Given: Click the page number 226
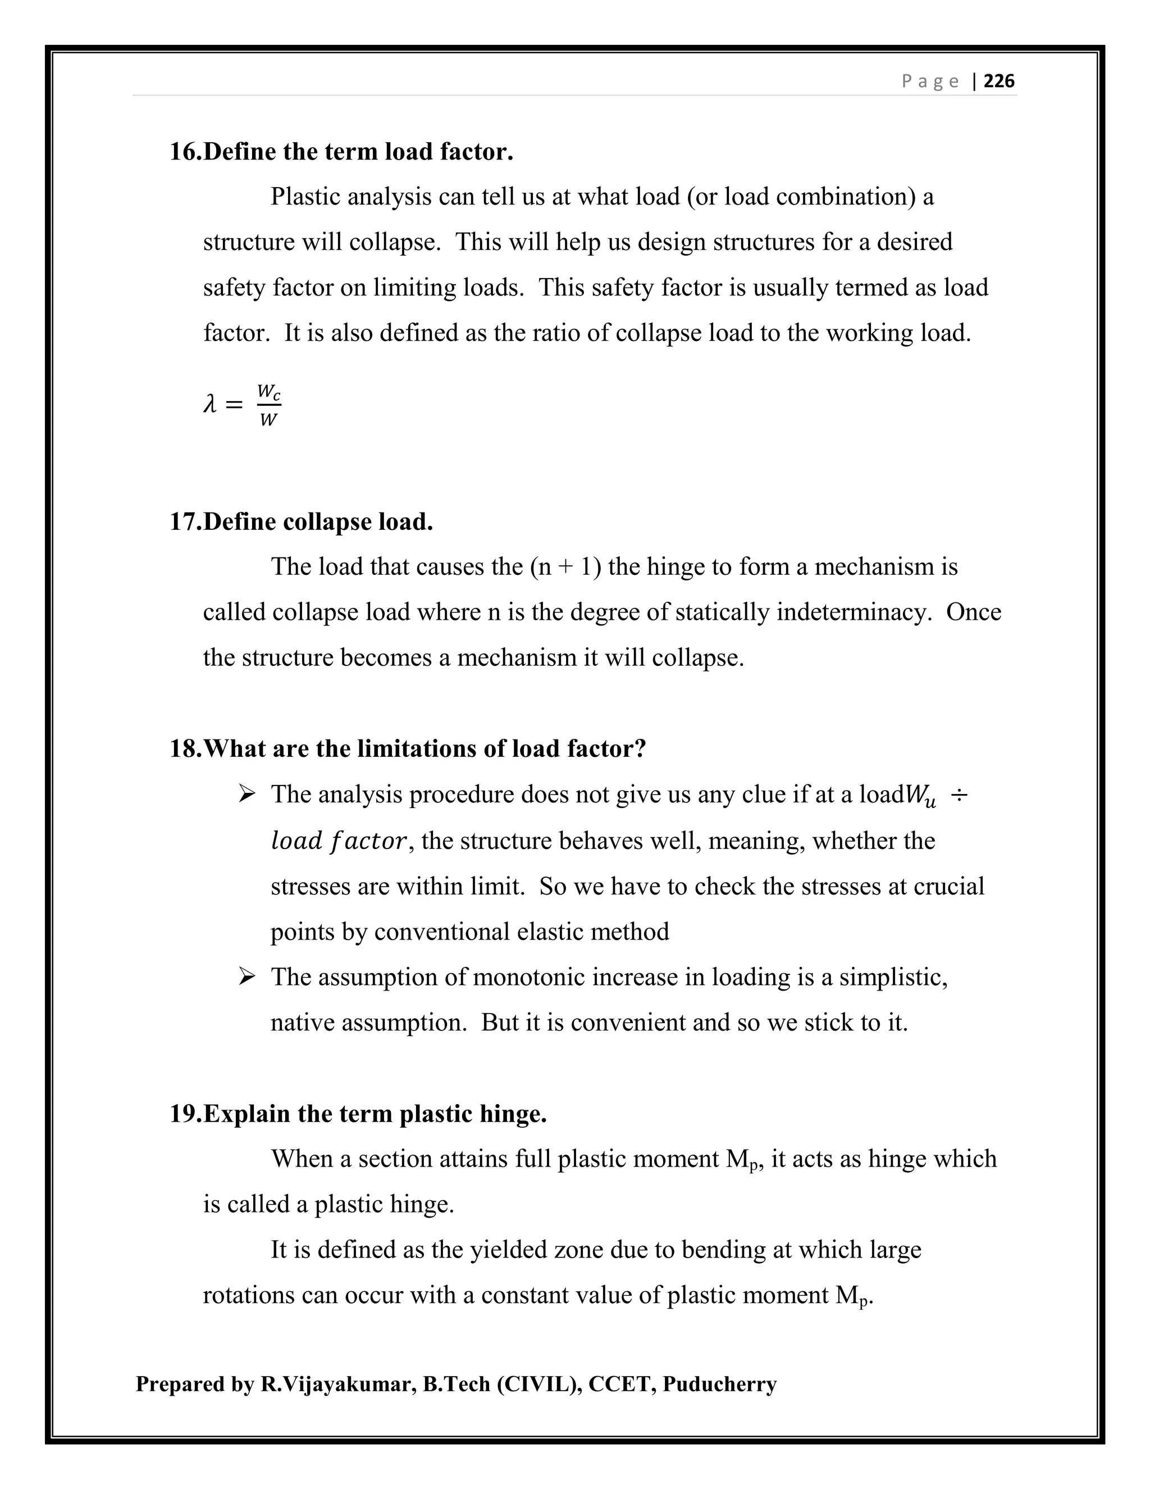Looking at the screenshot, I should pyautogui.click(x=1000, y=81).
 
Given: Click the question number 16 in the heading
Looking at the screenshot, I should pyautogui.click(x=185, y=151).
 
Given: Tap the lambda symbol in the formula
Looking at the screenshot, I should pyautogui.click(x=210, y=405).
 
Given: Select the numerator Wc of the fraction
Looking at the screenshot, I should pyautogui.click(x=269, y=393).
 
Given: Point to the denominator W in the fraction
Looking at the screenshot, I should pyautogui.click(x=268, y=420).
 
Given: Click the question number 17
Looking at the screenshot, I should pyautogui.click(x=185, y=521).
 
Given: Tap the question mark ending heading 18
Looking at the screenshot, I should pyautogui.click(x=639, y=748).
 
